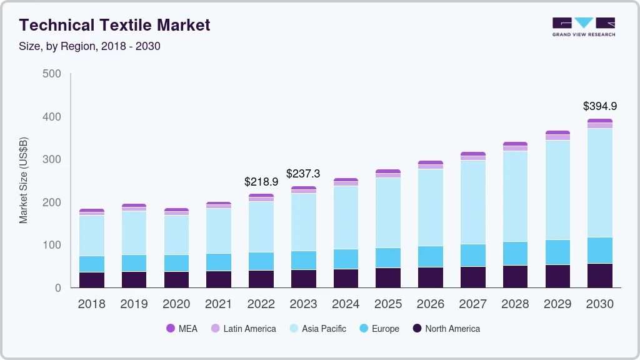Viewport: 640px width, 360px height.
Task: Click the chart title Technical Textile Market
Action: click(114, 25)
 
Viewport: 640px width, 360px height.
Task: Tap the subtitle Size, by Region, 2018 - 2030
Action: click(89, 46)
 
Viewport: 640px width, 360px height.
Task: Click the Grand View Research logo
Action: click(583, 26)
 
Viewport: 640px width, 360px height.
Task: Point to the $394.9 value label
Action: click(600, 106)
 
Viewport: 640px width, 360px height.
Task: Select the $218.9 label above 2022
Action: click(261, 182)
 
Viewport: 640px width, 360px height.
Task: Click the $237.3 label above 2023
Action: click(304, 173)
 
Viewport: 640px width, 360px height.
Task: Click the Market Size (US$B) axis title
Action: click(24, 180)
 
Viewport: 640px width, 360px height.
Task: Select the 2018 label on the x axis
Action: click(91, 304)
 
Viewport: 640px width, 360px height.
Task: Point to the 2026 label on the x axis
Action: click(431, 304)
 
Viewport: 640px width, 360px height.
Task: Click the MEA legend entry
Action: click(181, 328)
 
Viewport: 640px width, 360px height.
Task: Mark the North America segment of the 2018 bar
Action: click(92, 280)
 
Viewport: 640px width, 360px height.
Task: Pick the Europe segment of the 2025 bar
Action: click(388, 257)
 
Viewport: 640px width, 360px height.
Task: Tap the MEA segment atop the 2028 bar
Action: click(516, 144)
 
